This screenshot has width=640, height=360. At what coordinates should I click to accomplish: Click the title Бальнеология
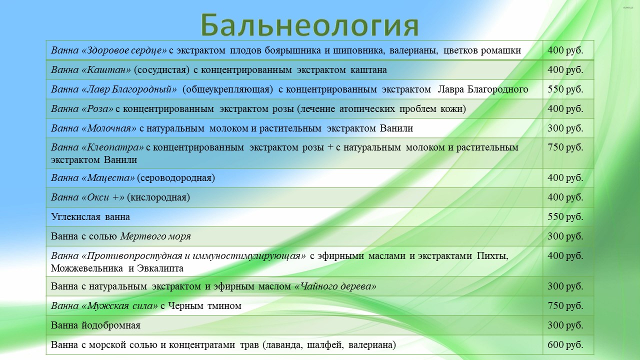pyautogui.click(x=309, y=25)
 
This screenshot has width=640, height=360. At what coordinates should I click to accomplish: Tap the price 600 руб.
pyautogui.click(x=565, y=345)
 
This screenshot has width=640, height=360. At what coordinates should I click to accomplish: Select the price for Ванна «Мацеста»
pyautogui.click(x=565, y=177)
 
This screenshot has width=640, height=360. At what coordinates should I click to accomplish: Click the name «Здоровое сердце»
pyautogui.click(x=124, y=50)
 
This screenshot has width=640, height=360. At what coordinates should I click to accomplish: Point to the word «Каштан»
pyautogui.click(x=106, y=70)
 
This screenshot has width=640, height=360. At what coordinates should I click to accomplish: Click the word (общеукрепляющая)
pyautogui.click(x=227, y=89)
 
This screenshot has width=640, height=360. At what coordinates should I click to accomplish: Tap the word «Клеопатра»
pyautogui.click(x=112, y=147)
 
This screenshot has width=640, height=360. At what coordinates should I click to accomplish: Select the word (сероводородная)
pyautogui.click(x=176, y=178)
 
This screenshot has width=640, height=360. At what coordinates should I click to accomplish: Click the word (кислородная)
pyautogui.click(x=158, y=197)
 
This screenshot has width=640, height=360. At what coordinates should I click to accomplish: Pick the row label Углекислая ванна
pyautogui.click(x=90, y=217)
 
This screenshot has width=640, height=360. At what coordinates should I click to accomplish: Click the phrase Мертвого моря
pyautogui.click(x=155, y=236)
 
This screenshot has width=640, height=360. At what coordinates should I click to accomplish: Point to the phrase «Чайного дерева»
pyautogui.click(x=335, y=286)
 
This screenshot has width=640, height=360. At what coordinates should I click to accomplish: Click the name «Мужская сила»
pyautogui.click(x=119, y=306)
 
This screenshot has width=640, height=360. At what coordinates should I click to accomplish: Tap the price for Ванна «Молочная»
pyautogui.click(x=565, y=128)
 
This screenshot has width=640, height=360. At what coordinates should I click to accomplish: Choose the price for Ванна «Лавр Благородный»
pyautogui.click(x=565, y=89)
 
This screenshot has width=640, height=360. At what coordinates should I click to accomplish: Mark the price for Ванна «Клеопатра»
pyautogui.click(x=565, y=147)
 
